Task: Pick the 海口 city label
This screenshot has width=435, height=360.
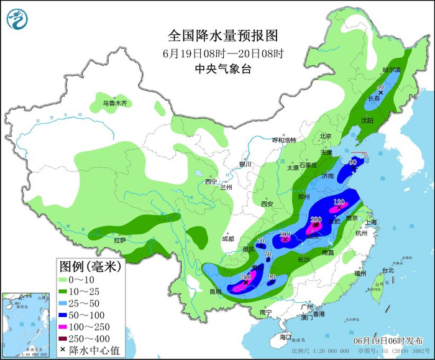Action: point(285,336)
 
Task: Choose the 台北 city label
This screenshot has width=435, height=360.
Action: point(388,270)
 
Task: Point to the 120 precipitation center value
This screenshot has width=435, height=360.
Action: point(339,202)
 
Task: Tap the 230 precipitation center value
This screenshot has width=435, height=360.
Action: point(316,219)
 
